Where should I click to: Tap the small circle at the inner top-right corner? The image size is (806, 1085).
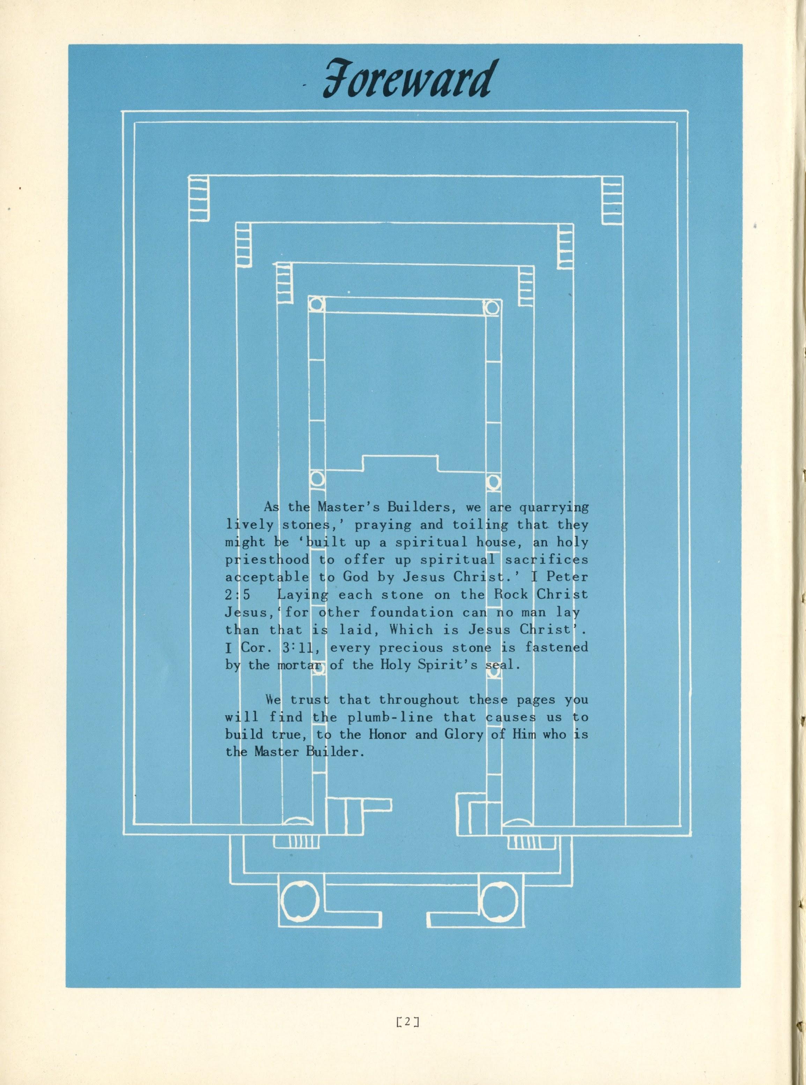coord(492,308)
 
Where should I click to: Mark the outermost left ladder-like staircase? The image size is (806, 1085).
coord(199,200)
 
